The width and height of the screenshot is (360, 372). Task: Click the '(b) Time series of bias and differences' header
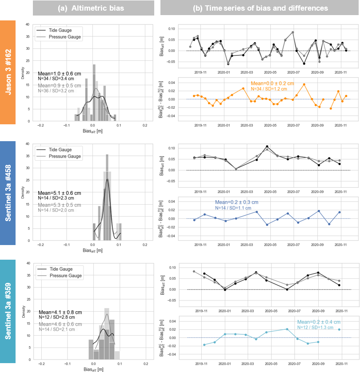260,8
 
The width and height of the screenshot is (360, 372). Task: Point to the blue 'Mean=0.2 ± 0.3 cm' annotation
236,202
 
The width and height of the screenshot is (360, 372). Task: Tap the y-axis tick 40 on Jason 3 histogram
28,24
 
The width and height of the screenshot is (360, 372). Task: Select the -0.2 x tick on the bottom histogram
41,364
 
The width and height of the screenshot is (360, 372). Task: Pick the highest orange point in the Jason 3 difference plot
304,84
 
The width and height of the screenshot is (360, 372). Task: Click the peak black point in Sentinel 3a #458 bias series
267,146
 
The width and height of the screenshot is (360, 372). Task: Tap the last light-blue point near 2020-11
339,329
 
